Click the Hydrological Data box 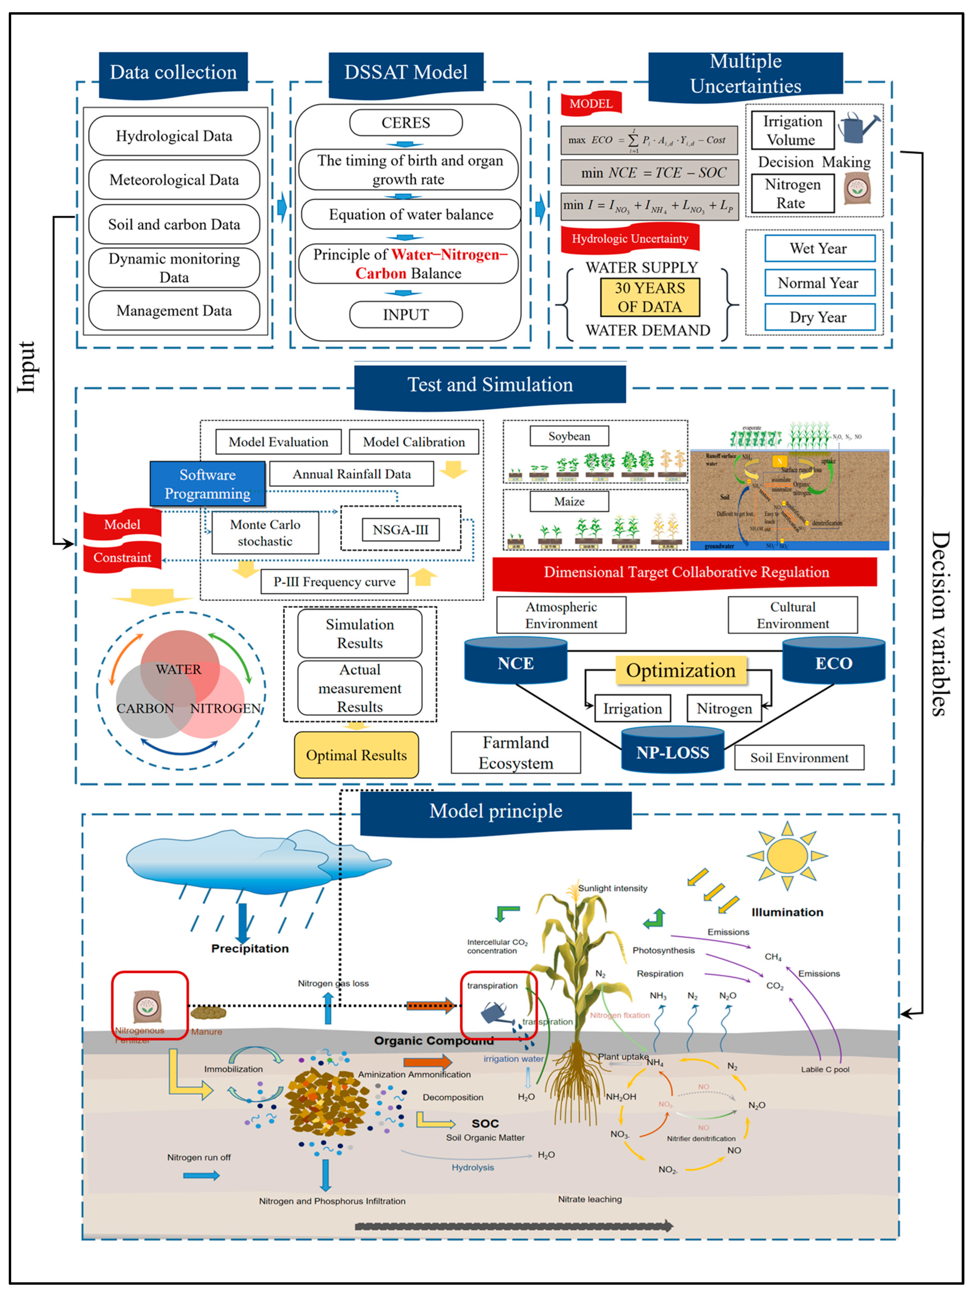174,136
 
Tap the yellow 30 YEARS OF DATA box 650,297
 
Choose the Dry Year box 819,317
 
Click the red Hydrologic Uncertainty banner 629,239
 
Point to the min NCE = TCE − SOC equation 650,172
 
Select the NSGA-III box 401,529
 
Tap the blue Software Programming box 208,484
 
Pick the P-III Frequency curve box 334,582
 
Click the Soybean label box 569,436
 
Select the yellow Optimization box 681,670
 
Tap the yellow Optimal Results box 356,755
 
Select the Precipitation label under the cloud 250,948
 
